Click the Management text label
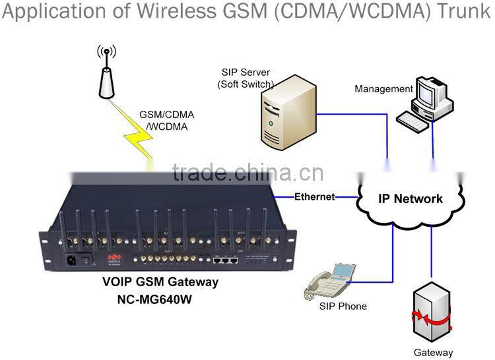coord(383,88)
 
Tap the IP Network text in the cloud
coord(410,198)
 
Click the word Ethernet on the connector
coord(314,196)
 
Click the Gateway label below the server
coord(433,352)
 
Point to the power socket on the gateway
coord(69,259)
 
